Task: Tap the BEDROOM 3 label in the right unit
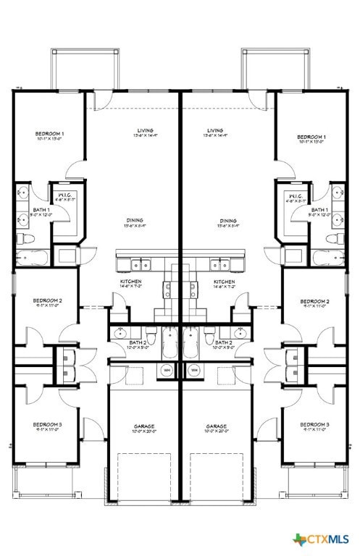point(314,424)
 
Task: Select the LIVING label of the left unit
point(146,132)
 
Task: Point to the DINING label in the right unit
point(228,221)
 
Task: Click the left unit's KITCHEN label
point(131,282)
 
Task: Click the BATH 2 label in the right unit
point(222,342)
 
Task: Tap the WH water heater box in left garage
point(167,370)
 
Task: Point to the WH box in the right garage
point(194,370)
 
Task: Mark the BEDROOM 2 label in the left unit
point(47,301)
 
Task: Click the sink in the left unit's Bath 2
point(120,333)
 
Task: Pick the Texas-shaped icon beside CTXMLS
point(299,539)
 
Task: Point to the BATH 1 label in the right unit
point(320,211)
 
